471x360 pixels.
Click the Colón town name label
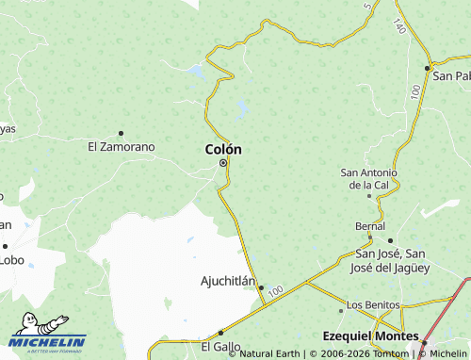tap(223, 149)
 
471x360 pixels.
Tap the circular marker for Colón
tap(223, 164)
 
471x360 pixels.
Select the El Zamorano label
tap(121, 146)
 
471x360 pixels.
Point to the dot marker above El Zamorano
tap(121, 133)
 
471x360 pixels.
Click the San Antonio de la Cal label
tap(369, 178)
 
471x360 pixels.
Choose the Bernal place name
tap(369, 227)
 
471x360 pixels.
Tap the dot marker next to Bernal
tap(390, 240)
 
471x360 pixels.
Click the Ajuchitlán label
tap(228, 281)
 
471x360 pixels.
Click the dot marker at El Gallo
tap(220, 333)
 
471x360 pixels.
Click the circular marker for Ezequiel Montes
tap(424, 343)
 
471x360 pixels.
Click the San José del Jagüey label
tap(390, 260)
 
